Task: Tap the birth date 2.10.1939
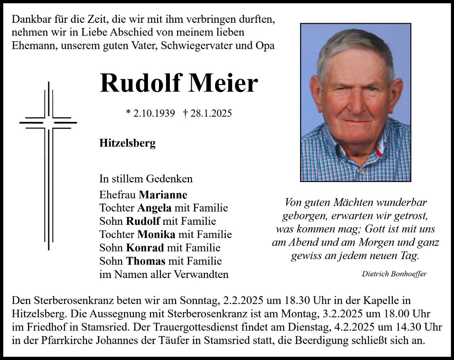coord(154,114)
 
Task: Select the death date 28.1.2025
coord(211,114)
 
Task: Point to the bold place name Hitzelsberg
coord(127,143)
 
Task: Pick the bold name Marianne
coord(163,195)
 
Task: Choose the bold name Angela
coord(154,208)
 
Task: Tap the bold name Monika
coord(157,234)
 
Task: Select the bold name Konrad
coord(145,248)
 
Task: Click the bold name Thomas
coord(146,261)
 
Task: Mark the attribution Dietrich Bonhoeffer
coord(394,274)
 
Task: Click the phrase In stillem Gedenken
coord(146,179)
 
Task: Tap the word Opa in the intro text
coord(265,46)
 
